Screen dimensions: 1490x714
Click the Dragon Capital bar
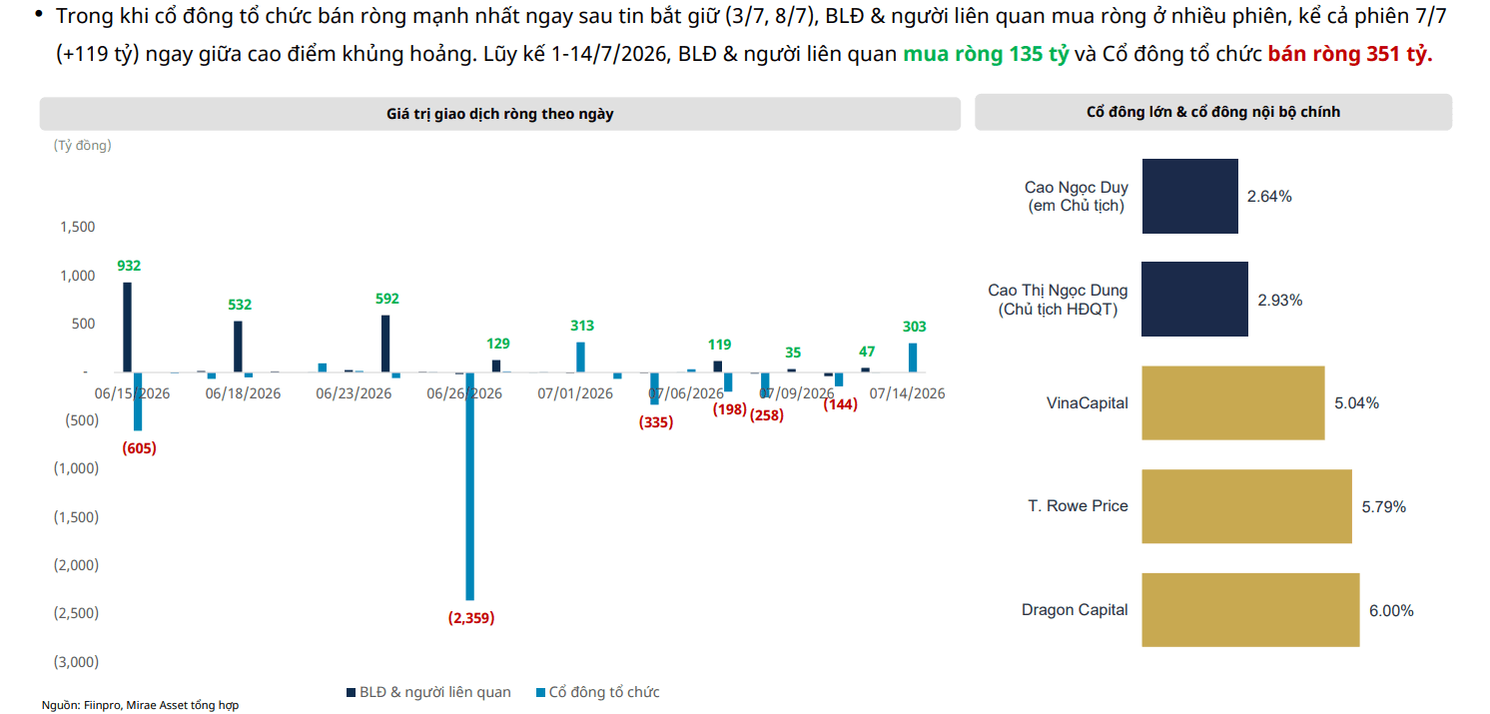[1250, 609]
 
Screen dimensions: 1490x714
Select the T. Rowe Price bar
[1246, 506]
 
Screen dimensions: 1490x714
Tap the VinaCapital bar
[1233, 402]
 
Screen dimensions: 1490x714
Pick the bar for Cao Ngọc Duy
[1190, 197]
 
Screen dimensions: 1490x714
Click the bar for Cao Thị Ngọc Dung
[1194, 299]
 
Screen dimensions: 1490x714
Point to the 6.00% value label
[1391, 611]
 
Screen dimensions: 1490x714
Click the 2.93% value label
[1280, 301]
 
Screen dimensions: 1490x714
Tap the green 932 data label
[129, 266]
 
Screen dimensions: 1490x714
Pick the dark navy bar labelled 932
[127, 328]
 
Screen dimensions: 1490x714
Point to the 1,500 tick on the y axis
[78, 227]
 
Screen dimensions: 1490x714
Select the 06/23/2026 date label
[354, 393]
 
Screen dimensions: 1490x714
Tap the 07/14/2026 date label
[908, 393]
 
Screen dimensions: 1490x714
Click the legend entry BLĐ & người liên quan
[429, 692]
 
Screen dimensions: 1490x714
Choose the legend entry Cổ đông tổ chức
[598, 692]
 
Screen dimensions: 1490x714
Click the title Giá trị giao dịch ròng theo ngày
[500, 114]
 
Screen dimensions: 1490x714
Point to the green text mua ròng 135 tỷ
[986, 54]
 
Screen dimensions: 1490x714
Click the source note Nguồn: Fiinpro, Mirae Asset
[141, 705]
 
